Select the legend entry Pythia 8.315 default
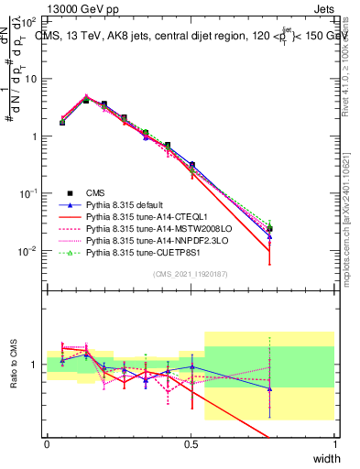coord(125,205)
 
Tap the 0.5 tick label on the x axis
coord(191,443)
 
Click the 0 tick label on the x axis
coord(48,443)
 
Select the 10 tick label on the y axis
coord(30,78)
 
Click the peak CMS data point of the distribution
coord(86,100)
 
